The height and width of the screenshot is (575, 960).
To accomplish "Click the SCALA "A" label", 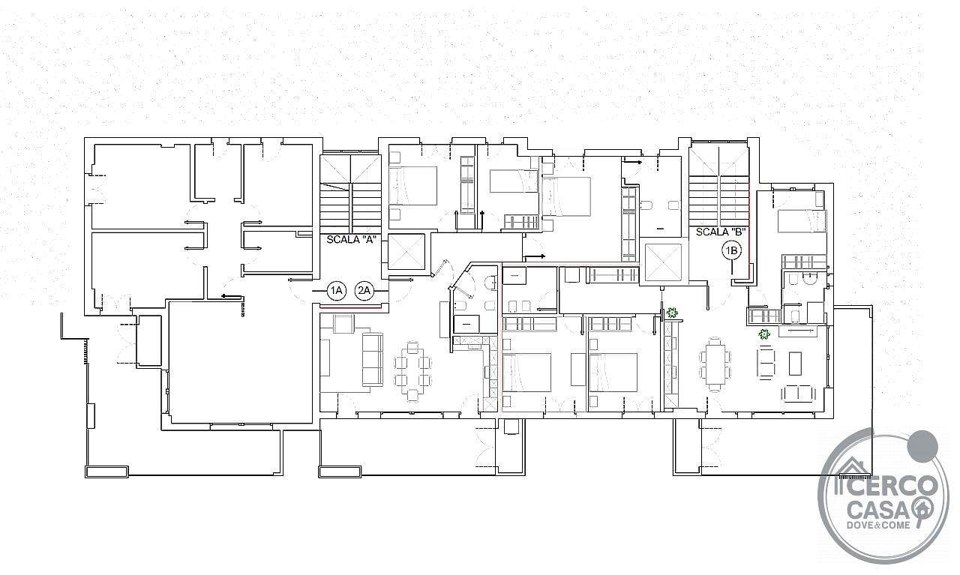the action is [352, 240].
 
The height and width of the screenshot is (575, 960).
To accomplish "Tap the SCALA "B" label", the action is [721, 232].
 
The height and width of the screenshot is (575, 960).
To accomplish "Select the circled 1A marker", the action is [337, 291].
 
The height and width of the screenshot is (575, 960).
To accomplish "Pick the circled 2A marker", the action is [364, 291].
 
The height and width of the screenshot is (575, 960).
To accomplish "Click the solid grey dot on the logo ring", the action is [922, 446].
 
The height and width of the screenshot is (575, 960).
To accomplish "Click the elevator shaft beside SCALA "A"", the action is [406, 251].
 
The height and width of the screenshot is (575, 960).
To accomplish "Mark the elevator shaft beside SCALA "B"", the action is [663, 262].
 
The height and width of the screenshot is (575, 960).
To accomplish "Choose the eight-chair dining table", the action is [412, 371].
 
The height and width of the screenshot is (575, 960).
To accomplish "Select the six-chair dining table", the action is [715, 364].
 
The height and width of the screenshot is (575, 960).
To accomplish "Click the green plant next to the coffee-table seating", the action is [763, 334].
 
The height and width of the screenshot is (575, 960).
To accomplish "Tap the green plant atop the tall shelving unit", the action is [671, 313].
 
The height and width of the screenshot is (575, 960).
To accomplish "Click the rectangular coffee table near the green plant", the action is [796, 364].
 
